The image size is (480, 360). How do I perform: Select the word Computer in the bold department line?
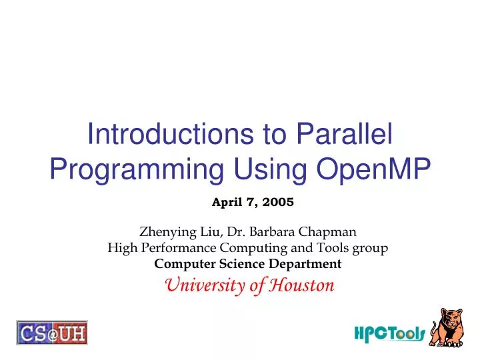click(x=179, y=264)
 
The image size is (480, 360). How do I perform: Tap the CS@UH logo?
click(x=52, y=332)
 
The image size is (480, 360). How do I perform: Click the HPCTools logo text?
click(x=389, y=333)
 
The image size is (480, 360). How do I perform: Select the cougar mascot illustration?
click(x=447, y=327)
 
